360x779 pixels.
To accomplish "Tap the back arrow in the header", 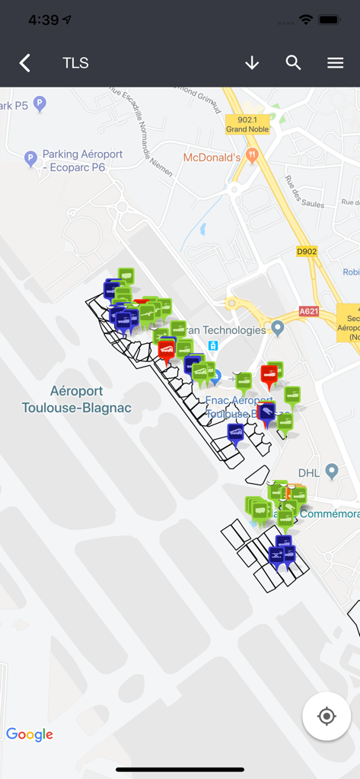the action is pos(25,63).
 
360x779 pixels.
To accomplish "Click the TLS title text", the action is pos(75,63).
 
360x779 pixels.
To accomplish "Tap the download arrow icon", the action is pos(252,63).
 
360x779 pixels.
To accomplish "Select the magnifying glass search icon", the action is pos(294,63).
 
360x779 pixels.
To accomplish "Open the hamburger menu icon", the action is pos(336,63).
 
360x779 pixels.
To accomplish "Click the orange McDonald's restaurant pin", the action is pos(253,154).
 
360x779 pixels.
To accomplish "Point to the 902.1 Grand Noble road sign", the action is pos(248,124).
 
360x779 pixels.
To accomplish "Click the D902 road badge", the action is pos(307,252).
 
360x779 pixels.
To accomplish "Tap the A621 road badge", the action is pos(309,311).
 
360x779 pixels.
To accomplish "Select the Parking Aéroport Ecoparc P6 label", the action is pos(82,161).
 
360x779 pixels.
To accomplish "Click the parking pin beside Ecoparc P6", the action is pos(30,158).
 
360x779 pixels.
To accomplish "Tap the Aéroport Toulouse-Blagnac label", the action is pos(76,399).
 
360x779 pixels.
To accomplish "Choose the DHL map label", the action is pos(310,472).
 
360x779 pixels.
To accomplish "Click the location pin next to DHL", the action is pos(331,472).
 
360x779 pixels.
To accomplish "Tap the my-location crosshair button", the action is pos(327,716).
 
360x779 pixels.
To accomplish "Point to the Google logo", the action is pos(30,734).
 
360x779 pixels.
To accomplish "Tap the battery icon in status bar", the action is pos(329,20).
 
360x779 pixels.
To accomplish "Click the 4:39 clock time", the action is pos(44,20).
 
